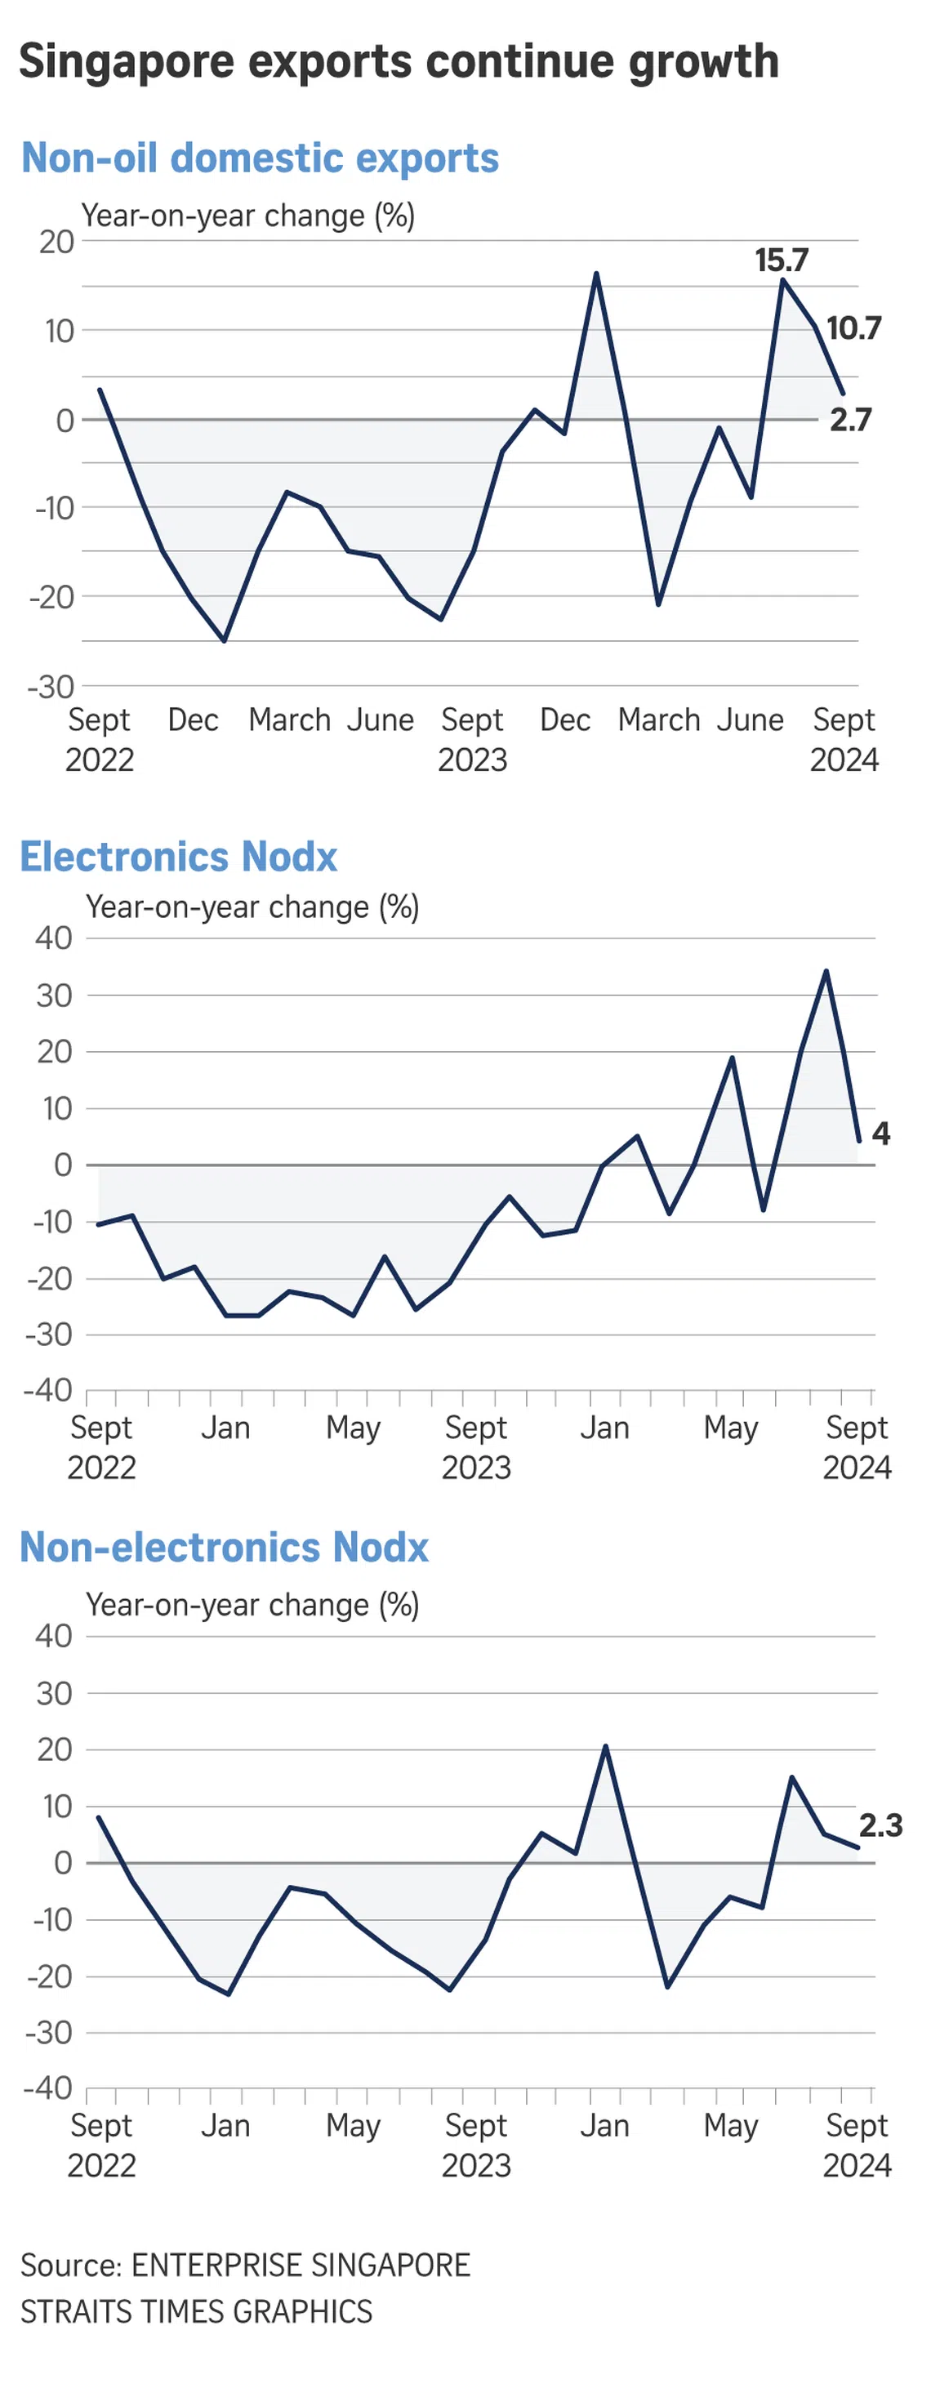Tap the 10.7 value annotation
pos(853,328)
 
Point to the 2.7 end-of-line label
pos(849,419)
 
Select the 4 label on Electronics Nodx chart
pos(880,1133)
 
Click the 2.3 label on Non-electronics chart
pos(880,1825)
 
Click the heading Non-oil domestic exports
pos(260,158)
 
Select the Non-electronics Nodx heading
pos(224,1548)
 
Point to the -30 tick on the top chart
pos(51,687)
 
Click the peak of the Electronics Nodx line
pos(826,971)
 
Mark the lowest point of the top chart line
pos(224,640)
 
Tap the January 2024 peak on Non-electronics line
pos(605,1745)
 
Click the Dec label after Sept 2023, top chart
pos(564,720)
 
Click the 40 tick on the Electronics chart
pos(54,938)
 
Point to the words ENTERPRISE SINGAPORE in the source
pos(301,2265)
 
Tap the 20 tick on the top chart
pos(56,242)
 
